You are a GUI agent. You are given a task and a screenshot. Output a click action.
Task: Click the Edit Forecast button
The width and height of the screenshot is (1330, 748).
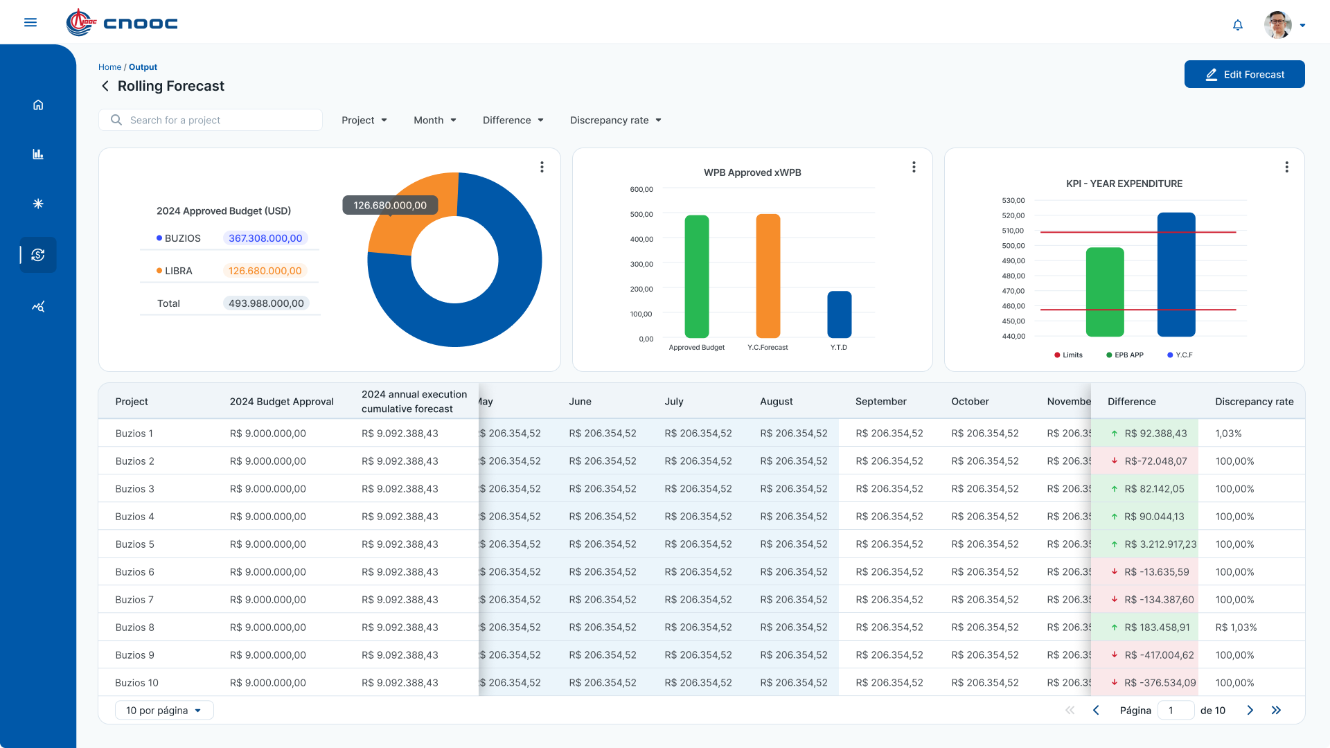pos(1244,74)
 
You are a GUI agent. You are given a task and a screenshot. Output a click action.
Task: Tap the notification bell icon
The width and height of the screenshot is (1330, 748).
pos(1238,25)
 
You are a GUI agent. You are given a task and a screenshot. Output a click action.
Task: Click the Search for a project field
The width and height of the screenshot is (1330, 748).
pos(211,120)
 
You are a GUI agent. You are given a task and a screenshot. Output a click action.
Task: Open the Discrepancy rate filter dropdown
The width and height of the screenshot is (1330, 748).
pos(616,120)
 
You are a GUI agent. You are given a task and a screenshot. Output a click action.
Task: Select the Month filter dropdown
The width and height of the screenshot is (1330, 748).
pos(435,120)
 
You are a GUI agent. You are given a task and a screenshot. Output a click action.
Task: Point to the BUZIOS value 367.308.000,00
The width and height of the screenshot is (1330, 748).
pos(265,238)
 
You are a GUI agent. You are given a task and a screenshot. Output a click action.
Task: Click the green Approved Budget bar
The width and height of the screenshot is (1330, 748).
pos(697,276)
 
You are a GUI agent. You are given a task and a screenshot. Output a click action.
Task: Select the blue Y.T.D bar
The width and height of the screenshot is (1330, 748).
pos(840,314)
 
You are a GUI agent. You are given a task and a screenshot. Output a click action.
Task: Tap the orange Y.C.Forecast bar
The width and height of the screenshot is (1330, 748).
pos(768,276)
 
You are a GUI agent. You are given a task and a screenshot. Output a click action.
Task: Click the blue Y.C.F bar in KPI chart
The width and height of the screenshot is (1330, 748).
pos(1176,274)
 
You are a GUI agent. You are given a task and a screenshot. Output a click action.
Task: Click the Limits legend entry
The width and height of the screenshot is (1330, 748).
pos(1068,355)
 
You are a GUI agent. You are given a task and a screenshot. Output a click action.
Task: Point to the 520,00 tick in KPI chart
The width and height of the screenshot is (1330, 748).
pos(1013,215)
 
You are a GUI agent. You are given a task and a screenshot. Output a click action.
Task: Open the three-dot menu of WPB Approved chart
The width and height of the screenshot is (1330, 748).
pos(914,167)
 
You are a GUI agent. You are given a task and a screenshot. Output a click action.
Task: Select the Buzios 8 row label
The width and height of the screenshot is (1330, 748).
pos(135,627)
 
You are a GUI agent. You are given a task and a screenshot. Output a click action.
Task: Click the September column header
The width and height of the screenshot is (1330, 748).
pos(881,402)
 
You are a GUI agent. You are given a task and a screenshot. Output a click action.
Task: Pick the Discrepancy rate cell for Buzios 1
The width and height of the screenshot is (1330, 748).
pos(1228,434)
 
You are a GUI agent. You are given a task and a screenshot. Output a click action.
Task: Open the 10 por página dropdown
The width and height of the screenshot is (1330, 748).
pos(164,710)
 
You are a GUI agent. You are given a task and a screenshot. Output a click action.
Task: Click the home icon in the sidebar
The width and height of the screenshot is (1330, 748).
pos(38,105)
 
